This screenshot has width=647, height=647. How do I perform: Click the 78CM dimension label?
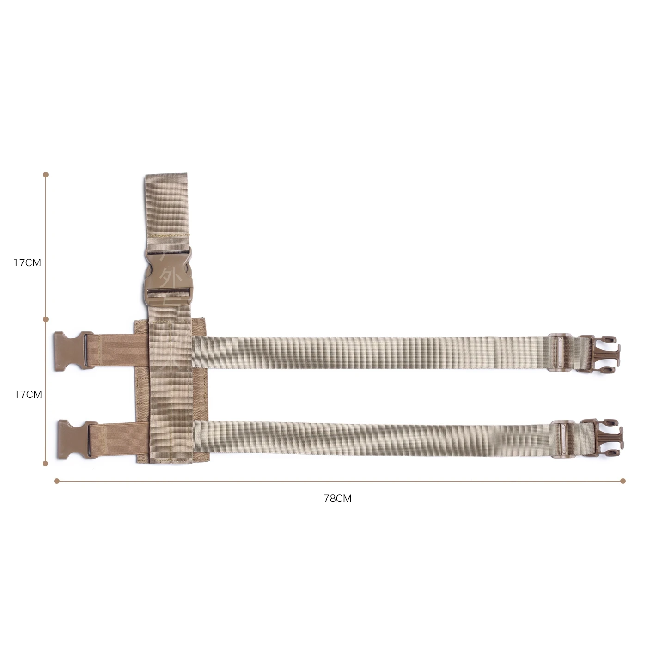point(337,499)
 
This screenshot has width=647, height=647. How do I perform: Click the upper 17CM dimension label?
point(27,263)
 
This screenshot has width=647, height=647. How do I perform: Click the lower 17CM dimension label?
point(28,395)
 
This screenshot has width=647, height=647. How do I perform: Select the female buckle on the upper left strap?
point(74,350)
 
